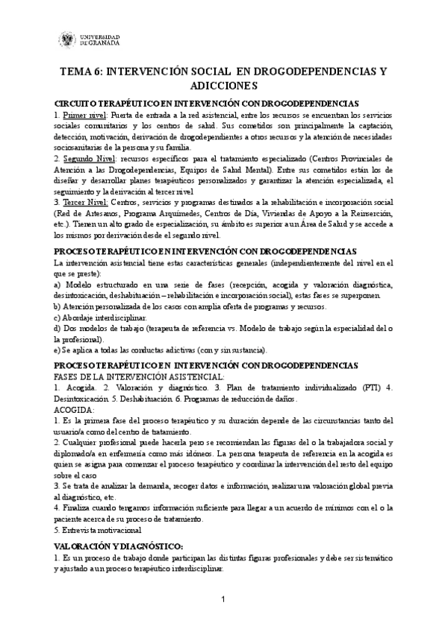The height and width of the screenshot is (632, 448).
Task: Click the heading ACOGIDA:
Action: [75, 410]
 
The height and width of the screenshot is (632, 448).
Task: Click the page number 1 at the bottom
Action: [223, 601]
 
